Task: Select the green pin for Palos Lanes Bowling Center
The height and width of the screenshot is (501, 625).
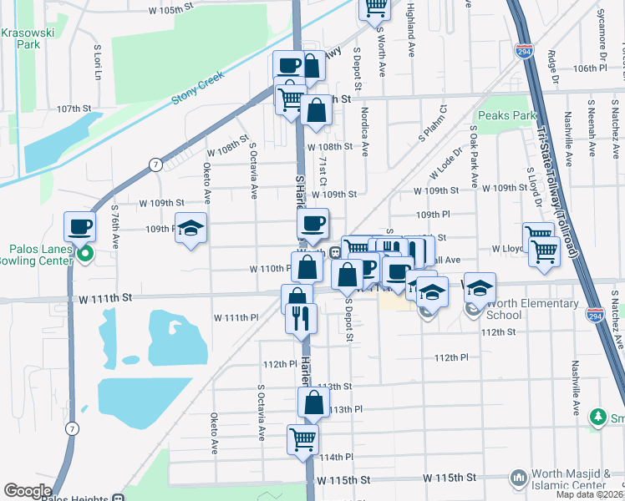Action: pos(84,255)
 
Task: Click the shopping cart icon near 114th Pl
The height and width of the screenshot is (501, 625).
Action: pos(302,440)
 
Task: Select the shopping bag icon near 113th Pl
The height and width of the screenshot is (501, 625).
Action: pos(313,402)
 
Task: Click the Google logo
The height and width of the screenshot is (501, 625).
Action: pos(28,491)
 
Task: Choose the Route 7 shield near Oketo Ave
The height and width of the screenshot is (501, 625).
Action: pos(155,164)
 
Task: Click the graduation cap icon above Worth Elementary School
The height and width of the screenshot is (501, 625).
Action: pos(480,288)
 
